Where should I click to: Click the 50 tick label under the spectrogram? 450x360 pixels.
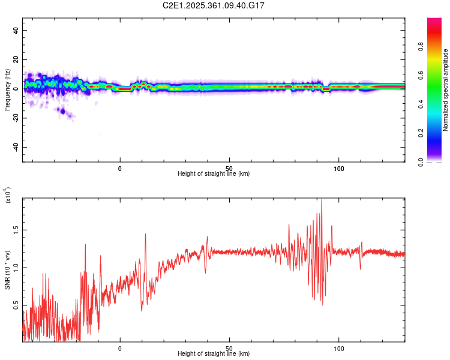(229, 168)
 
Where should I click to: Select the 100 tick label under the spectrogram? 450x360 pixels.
(338, 168)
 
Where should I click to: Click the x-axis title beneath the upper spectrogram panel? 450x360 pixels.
(214, 174)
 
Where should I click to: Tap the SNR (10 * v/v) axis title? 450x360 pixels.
(7, 269)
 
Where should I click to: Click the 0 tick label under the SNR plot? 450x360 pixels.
(120, 348)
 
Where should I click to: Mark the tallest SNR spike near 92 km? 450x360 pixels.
(322, 199)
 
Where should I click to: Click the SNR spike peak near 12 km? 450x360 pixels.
(145, 234)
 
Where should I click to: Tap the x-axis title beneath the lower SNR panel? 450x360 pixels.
(214, 354)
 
